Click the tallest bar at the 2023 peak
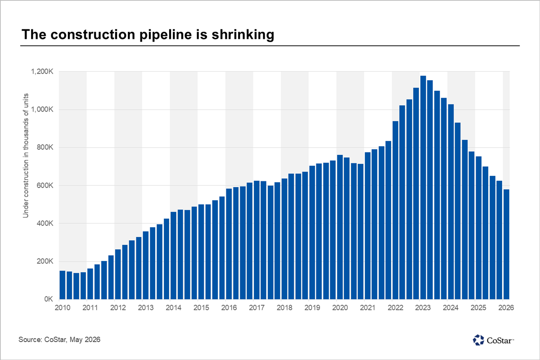point(423,187)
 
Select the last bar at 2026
point(506,244)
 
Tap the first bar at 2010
point(63,285)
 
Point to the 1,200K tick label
point(42,72)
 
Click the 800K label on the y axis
point(45,147)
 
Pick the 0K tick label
point(49,299)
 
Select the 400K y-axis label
point(45,223)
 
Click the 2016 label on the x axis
point(229,308)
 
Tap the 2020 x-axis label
point(340,308)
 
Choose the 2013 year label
point(146,308)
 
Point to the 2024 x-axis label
point(450,308)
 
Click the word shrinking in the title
point(243,35)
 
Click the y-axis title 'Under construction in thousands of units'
point(26,156)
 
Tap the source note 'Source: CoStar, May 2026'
point(59,339)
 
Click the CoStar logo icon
point(478,340)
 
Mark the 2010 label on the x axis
point(63,308)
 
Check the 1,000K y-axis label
point(42,109)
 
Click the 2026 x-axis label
point(506,308)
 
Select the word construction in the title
point(93,35)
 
